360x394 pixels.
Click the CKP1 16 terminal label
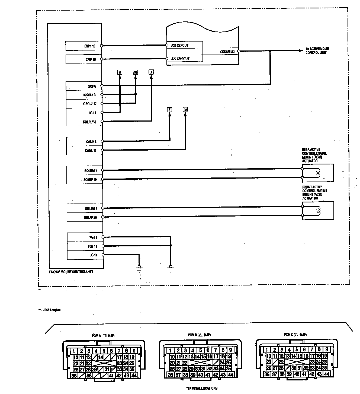click(x=90, y=46)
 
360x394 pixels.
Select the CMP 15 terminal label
click(x=91, y=59)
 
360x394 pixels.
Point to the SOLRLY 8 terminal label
click(x=89, y=122)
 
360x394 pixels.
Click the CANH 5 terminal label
click(x=91, y=142)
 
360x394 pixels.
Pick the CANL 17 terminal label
click(x=91, y=151)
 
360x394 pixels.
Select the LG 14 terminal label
click(x=93, y=255)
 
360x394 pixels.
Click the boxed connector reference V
click(x=120, y=72)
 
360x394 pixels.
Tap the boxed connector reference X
click(x=151, y=72)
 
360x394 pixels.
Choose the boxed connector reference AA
click(x=185, y=110)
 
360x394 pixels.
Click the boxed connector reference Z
click(x=169, y=110)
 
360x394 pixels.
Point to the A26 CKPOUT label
click(x=179, y=46)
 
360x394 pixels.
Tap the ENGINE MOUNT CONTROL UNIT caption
click(x=71, y=272)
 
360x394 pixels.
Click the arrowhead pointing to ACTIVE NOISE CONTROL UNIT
click(x=301, y=51)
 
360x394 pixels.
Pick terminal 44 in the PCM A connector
click(x=134, y=376)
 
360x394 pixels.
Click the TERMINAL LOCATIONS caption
click(x=202, y=388)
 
